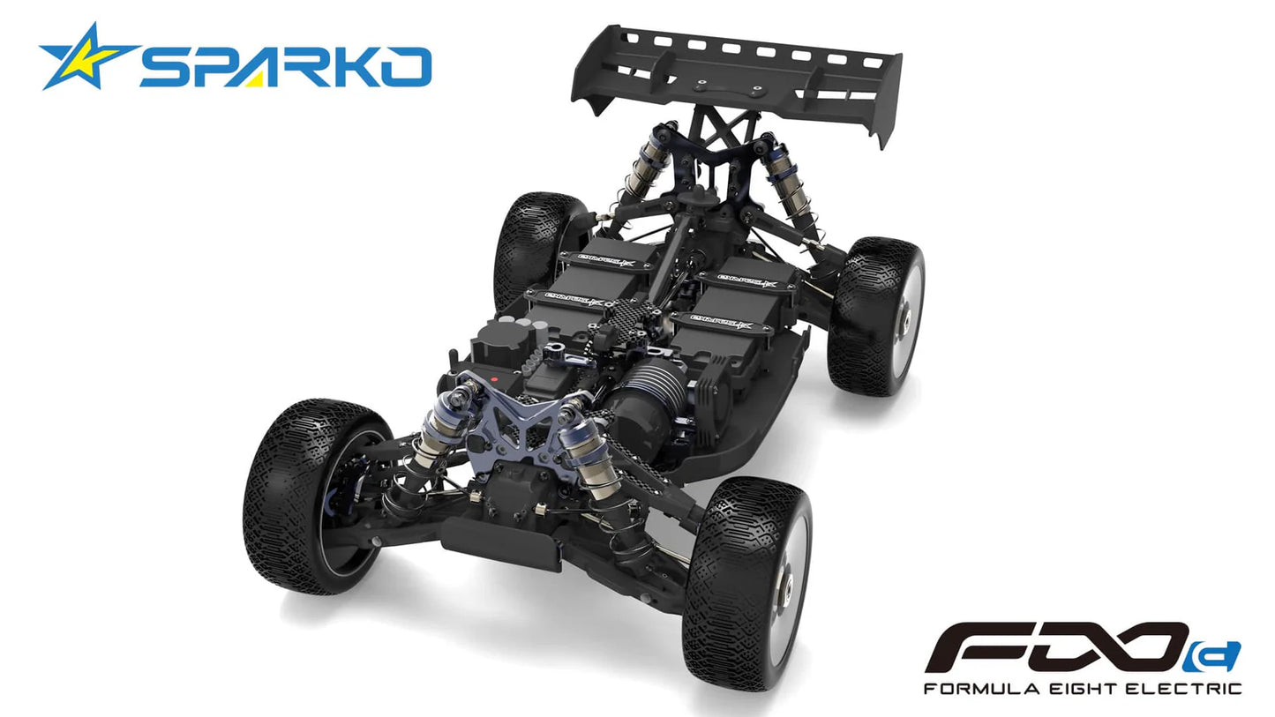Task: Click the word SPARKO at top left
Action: point(285,68)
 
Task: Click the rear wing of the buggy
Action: point(737,74)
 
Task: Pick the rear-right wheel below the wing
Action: point(875,315)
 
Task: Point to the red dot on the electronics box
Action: point(494,379)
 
